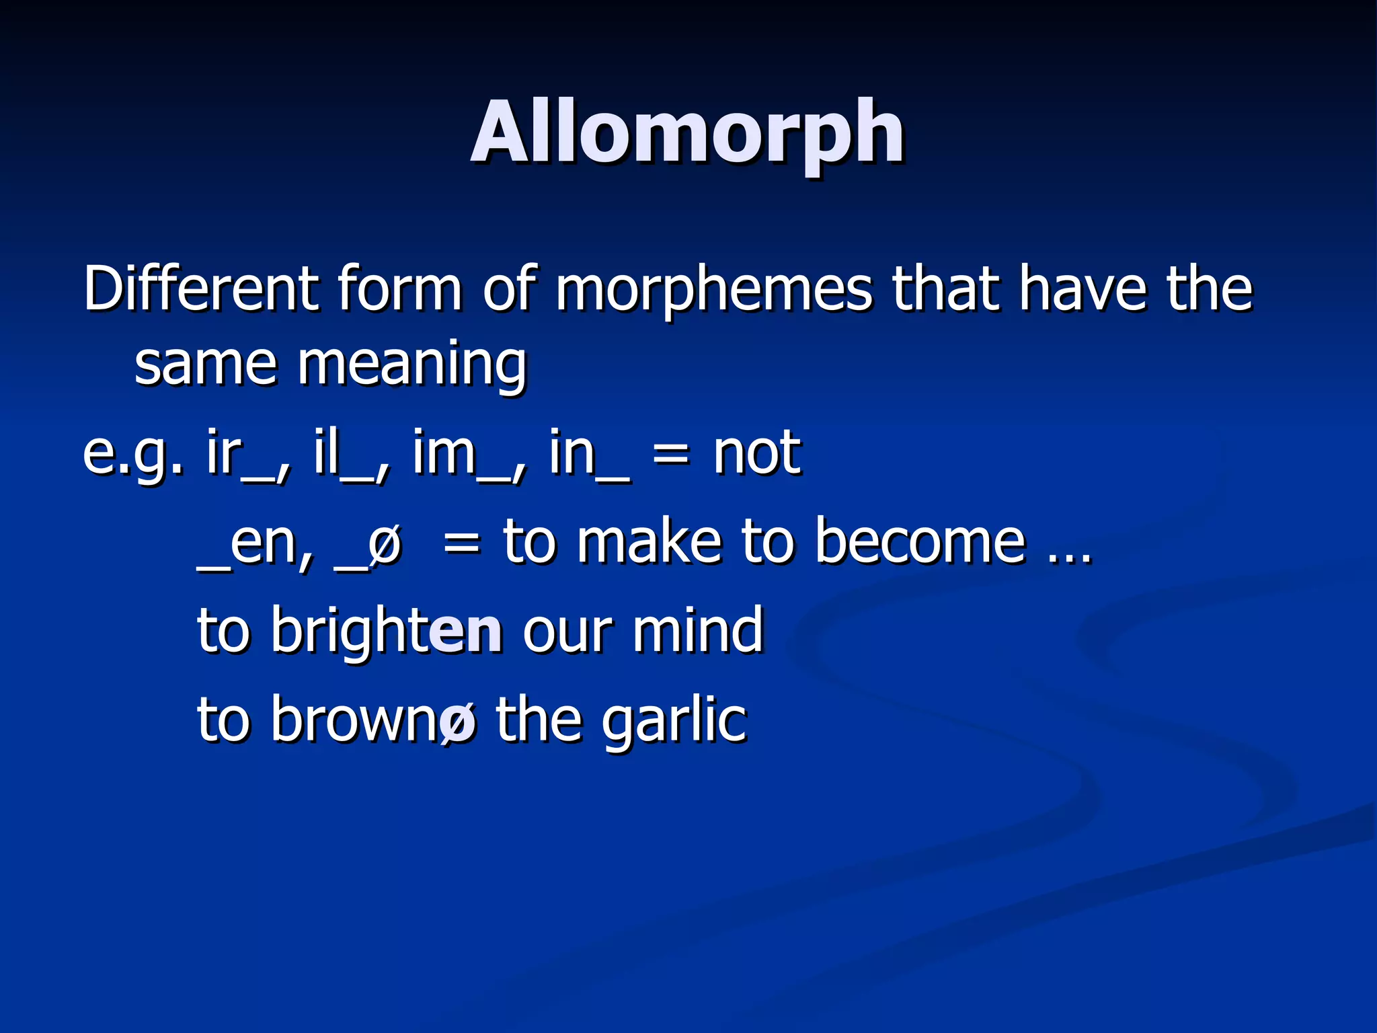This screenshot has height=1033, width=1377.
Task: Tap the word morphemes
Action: pos(713,289)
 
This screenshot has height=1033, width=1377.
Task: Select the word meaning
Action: pos(411,365)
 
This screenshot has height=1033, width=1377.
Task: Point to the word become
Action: pos(920,541)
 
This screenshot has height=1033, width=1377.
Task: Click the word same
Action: pos(205,365)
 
